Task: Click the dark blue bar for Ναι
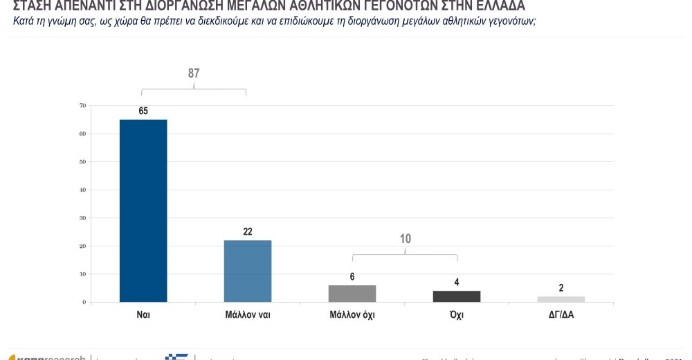coord(143,210)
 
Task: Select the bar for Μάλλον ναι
coord(248,271)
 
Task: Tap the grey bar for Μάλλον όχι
coord(352,294)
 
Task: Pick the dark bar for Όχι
coord(457,296)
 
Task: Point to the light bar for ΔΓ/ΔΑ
coord(561,299)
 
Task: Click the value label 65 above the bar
coord(143,111)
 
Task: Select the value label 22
coord(248,232)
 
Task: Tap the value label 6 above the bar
coord(352,277)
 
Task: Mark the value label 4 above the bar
coord(457,282)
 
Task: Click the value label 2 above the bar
coord(561,288)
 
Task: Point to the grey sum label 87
coord(194,73)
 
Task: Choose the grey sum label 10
coord(406,239)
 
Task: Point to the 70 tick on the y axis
coord(82,106)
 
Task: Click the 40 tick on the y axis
coord(82,190)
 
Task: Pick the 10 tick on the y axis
coord(82,274)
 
